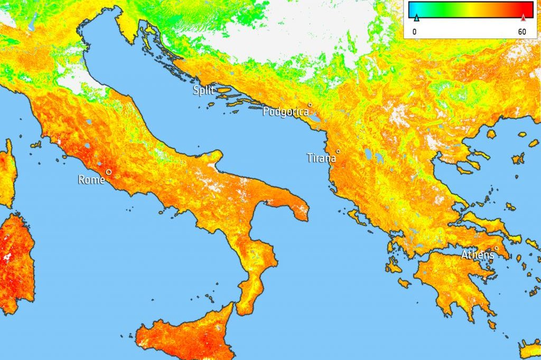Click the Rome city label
(91, 180)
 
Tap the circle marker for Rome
(108, 172)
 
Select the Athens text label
(478, 255)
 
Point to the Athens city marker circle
(496, 249)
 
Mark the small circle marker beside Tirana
(338, 151)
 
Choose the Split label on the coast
(203, 90)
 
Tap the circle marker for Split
(216, 83)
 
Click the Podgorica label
(285, 111)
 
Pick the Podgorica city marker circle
(310, 105)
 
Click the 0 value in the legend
(415, 32)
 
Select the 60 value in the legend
(522, 32)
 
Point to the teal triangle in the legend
(416, 18)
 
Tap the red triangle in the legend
(524, 18)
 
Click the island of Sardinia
(16, 264)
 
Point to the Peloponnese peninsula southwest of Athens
(449, 280)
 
